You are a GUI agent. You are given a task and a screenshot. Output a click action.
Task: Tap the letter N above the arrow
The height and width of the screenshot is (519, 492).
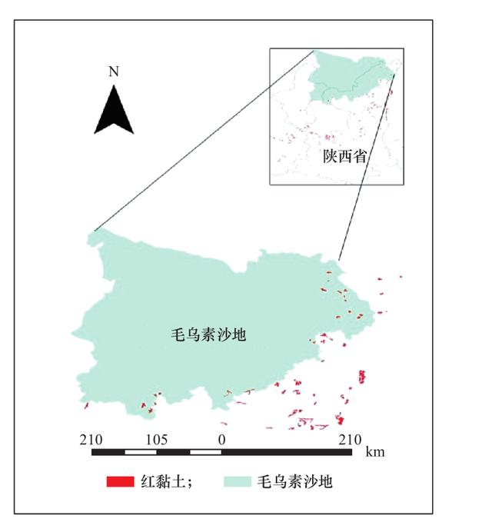(114, 72)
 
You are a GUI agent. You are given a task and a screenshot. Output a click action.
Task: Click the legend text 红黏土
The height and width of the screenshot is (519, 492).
(159, 483)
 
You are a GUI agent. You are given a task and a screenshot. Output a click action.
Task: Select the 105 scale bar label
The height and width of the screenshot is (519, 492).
(157, 440)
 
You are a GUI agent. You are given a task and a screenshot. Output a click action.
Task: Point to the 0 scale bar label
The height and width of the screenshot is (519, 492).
(222, 440)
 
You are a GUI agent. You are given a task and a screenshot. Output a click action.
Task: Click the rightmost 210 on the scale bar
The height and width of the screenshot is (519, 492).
(349, 440)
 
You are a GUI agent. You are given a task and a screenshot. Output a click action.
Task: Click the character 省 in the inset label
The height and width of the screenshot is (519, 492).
(359, 156)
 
